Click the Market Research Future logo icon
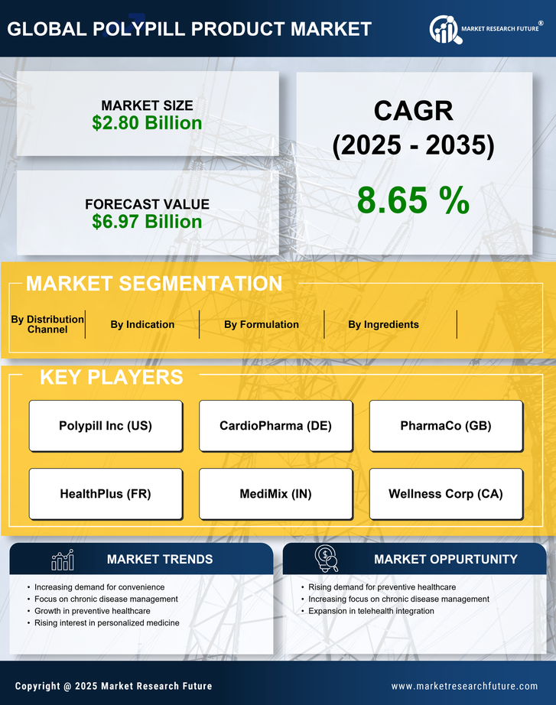click(443, 28)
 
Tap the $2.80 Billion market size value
click(147, 123)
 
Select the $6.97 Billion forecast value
click(147, 222)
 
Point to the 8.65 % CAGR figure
click(413, 200)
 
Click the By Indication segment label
click(142, 324)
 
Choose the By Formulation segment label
click(262, 324)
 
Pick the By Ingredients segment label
click(383, 324)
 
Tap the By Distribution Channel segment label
click(47, 324)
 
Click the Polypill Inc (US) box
click(106, 426)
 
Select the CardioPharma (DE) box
click(275, 426)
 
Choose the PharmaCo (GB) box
click(446, 426)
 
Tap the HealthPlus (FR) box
click(106, 494)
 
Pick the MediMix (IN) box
click(275, 494)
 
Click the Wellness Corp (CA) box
click(446, 494)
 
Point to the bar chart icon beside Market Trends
click(63, 560)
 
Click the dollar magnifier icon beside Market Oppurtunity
click(327, 559)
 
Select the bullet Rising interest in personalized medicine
click(107, 623)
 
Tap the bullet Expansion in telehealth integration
click(371, 611)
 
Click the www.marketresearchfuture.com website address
click(464, 686)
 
